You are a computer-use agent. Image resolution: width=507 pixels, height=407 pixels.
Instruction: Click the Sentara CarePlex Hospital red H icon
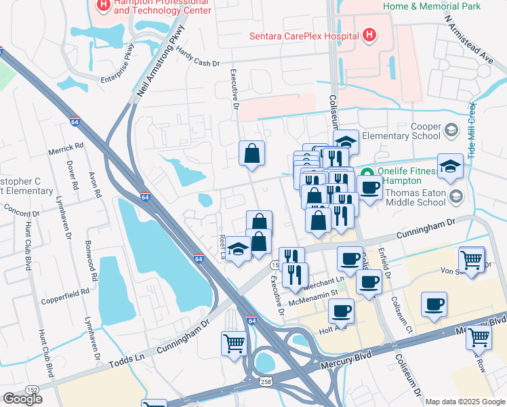click(x=369, y=35)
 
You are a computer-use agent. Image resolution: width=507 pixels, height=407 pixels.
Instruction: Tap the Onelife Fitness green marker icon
click(x=367, y=173)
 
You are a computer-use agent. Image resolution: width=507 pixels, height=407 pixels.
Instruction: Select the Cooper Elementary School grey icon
click(x=451, y=129)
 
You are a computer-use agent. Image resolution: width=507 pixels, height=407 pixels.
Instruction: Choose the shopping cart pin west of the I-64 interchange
click(x=234, y=343)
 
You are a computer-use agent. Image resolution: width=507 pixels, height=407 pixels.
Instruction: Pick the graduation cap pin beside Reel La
click(x=239, y=248)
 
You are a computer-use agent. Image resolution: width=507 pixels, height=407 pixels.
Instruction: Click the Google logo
click(x=22, y=399)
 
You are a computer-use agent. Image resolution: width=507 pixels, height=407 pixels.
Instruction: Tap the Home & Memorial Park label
click(x=432, y=6)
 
